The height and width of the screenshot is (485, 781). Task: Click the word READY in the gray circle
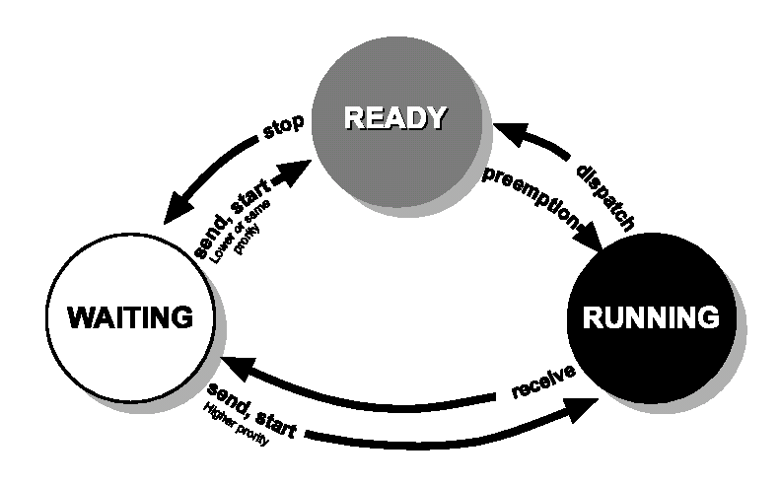[394, 118]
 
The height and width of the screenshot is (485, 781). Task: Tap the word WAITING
[130, 318]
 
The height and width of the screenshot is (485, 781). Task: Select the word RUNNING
[651, 318]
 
